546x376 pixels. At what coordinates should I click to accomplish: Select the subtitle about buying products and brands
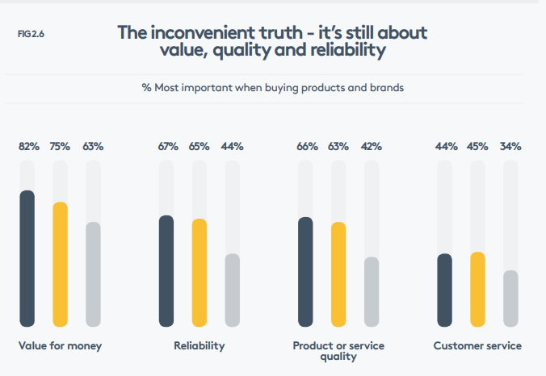coord(272,87)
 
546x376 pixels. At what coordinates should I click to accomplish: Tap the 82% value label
coord(29,146)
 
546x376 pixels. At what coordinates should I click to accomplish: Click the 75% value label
coord(60,146)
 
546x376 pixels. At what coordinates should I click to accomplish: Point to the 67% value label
coord(168,146)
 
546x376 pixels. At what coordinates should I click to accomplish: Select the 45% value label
coord(478,146)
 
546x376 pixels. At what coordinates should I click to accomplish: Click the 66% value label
coord(307,146)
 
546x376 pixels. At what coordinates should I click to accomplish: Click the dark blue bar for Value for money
coord(27,258)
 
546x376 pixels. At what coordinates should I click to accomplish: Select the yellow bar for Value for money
coord(60,264)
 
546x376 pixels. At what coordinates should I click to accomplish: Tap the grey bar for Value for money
coord(93,274)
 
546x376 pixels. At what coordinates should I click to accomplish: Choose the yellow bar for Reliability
coord(199,272)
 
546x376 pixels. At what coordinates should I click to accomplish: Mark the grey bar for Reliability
coord(232,290)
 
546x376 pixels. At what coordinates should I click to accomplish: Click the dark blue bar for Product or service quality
coord(305,271)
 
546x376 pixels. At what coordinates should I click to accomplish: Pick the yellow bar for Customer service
coord(477,289)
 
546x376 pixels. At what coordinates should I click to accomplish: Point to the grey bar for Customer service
coord(510,298)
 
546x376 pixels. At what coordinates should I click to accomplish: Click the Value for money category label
coord(60,346)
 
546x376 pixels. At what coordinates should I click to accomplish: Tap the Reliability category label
coord(199,346)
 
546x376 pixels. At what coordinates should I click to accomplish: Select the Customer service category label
coord(477,346)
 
